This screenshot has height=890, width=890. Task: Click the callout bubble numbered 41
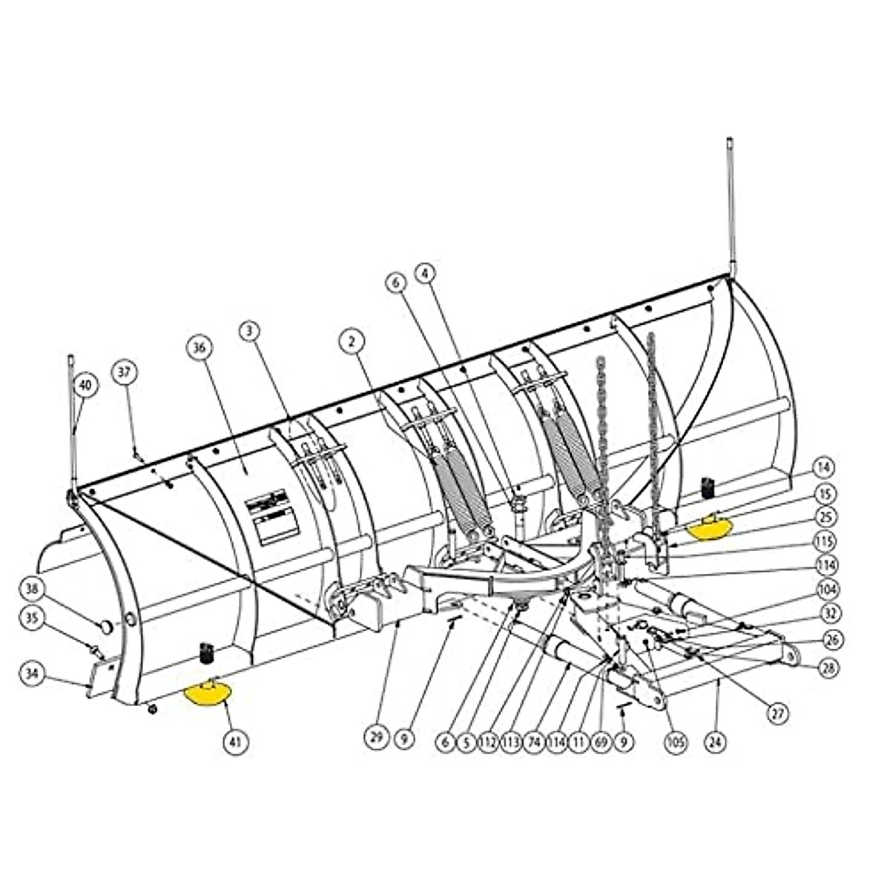[x=238, y=740]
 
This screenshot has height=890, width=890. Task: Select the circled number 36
[x=200, y=347]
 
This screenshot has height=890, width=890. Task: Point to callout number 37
[x=125, y=372]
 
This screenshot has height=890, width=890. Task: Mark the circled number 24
[x=715, y=741]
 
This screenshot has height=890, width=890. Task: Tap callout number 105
[x=676, y=741]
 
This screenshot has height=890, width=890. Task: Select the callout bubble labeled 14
[x=825, y=468]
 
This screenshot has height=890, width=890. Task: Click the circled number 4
[x=425, y=274]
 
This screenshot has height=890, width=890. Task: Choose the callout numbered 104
[x=828, y=590]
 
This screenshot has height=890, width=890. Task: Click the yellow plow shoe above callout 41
[x=208, y=693]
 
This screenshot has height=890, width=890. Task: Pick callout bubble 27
[x=777, y=713]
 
